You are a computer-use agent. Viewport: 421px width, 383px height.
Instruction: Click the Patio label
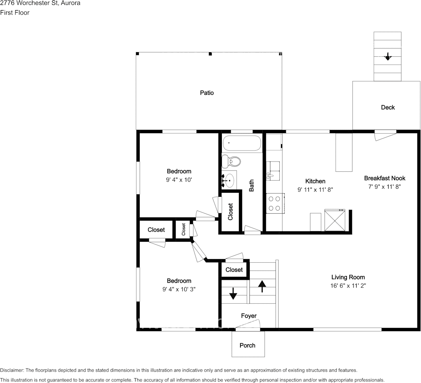[x=206, y=93]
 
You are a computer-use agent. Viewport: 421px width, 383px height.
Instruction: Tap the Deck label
[x=387, y=107]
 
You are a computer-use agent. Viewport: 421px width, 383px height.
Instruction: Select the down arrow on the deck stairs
[x=388, y=56]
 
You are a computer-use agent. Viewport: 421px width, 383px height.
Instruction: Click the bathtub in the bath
[x=242, y=143]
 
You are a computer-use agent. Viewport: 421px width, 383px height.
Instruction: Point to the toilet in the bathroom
[x=233, y=161]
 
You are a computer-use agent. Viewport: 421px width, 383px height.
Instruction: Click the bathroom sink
[x=230, y=180]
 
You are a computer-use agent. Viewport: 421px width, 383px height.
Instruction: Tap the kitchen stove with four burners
[x=274, y=203]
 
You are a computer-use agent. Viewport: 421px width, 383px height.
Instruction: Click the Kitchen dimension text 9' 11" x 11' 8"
[x=315, y=189]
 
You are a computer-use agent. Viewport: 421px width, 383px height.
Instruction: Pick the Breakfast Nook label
[x=384, y=178]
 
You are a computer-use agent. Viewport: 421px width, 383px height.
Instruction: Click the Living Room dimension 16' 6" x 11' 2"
[x=348, y=285]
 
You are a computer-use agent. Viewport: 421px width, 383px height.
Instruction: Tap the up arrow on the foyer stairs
[x=262, y=286]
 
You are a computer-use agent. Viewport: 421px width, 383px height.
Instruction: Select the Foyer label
[x=249, y=316]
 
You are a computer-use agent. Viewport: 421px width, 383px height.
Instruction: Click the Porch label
[x=247, y=345]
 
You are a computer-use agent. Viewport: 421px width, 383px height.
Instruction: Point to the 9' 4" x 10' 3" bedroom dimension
[x=179, y=289]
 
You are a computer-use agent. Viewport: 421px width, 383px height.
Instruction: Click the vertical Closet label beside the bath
[x=230, y=212]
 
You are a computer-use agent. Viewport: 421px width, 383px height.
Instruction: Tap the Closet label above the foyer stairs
[x=234, y=270]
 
